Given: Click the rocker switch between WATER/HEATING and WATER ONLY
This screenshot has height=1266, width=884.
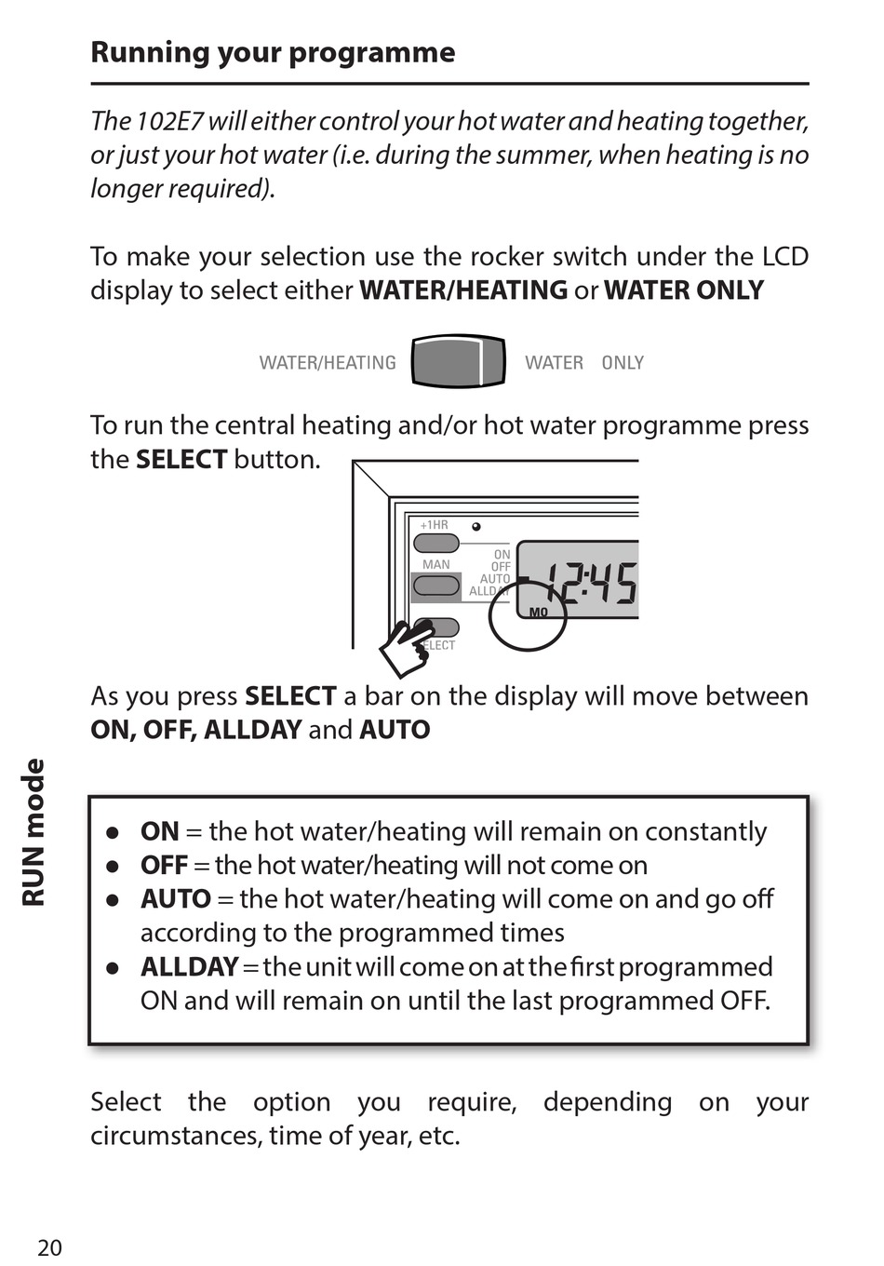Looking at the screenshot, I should click(x=458, y=362).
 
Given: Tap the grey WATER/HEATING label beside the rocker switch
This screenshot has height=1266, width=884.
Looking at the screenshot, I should click(x=328, y=363).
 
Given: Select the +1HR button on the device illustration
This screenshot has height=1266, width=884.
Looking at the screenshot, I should click(x=436, y=543).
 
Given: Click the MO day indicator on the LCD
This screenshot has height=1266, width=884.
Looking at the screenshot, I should click(x=538, y=612).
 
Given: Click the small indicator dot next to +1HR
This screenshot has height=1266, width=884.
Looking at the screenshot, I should click(x=476, y=527).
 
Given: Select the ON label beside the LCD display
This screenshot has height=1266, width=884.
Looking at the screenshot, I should click(x=502, y=555).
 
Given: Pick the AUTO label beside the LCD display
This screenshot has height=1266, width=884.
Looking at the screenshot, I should click(x=495, y=579).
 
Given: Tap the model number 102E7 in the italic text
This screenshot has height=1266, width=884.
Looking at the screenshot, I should click(x=169, y=121).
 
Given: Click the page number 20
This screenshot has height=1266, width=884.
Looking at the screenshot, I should click(x=49, y=1247).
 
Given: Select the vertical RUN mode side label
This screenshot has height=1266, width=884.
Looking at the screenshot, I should click(x=33, y=832).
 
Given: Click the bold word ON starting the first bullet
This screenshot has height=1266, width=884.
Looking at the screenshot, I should click(x=159, y=831).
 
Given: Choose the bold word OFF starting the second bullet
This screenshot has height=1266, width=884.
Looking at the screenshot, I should click(x=164, y=865).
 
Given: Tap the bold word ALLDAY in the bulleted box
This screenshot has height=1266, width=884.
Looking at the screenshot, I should click(x=189, y=966).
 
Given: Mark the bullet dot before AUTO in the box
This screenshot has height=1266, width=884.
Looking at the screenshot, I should click(x=113, y=899).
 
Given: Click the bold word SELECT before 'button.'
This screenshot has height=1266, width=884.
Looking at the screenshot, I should click(x=181, y=459).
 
